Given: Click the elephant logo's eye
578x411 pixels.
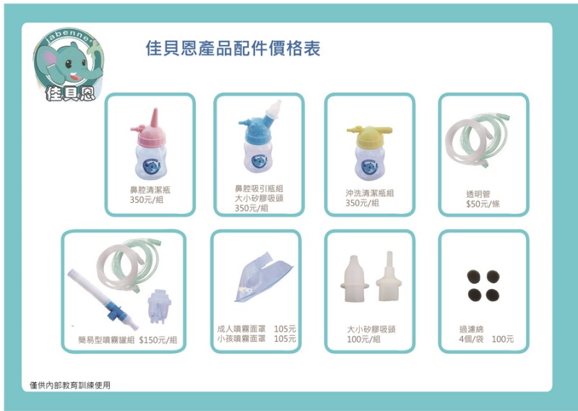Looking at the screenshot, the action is [x=69, y=64].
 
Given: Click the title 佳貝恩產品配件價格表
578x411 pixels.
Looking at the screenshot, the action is [x=233, y=48].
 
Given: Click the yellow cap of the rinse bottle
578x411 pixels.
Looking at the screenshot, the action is [x=370, y=137].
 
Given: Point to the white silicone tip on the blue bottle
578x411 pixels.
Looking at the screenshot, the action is [x=274, y=109].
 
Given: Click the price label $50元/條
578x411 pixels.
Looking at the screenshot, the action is [x=483, y=204].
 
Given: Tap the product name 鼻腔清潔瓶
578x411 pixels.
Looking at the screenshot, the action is [x=150, y=190].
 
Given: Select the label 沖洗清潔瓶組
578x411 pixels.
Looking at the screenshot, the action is [x=370, y=193].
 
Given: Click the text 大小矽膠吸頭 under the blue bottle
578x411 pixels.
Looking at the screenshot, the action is [x=259, y=199].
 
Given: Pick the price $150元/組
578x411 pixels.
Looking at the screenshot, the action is [x=158, y=340].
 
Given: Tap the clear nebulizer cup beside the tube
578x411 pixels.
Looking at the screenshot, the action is [x=159, y=306].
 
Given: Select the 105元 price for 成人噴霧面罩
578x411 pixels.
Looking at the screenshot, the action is [x=285, y=329].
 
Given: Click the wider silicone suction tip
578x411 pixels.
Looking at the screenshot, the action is [x=354, y=279].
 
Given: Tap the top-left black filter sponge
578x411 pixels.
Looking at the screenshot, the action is [x=473, y=277].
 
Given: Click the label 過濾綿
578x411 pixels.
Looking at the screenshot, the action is [x=471, y=329].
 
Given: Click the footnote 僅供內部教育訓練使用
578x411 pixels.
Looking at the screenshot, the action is [x=70, y=386].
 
